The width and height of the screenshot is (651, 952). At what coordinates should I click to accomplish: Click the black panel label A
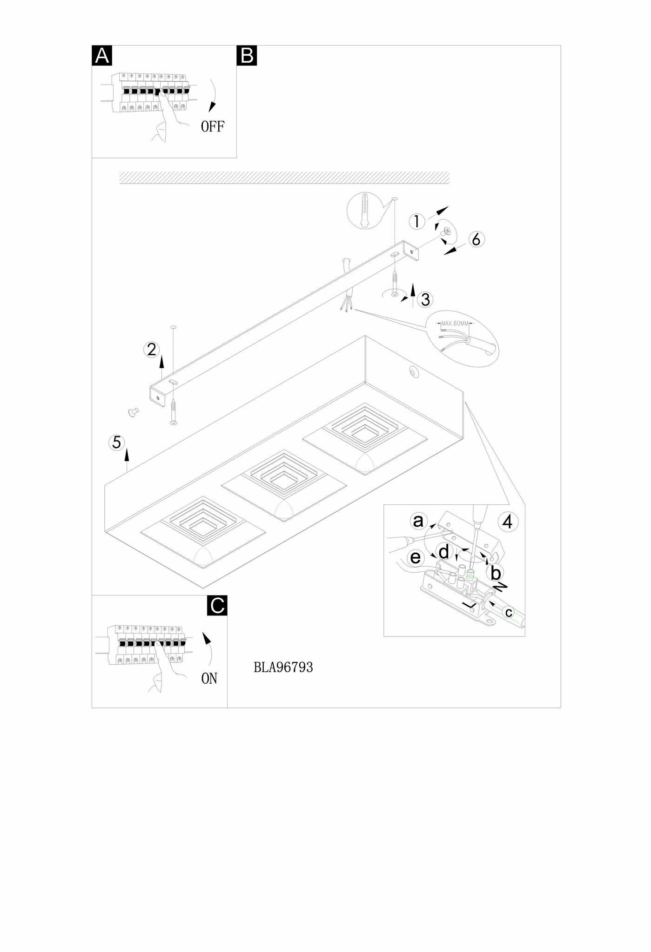pos(102,56)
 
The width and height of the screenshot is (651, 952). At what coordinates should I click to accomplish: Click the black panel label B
pos(247,56)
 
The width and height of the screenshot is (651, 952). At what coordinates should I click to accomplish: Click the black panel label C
pos(217,605)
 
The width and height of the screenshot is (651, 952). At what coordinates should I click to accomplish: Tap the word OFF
pos(213,126)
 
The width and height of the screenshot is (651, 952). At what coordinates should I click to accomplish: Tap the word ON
pos(209,679)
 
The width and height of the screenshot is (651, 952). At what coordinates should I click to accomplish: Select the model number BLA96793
pos(283,668)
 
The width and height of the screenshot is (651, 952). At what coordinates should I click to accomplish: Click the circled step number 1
pos(417,221)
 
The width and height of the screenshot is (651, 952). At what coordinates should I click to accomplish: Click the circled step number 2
pos(152,349)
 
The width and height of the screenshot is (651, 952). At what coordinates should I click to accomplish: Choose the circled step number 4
pos(508,522)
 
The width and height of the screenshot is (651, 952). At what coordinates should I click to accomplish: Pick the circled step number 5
pos(117,442)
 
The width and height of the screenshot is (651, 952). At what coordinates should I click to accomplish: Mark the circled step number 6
pos(476,239)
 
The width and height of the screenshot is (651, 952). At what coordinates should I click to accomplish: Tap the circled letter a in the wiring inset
pos(418,521)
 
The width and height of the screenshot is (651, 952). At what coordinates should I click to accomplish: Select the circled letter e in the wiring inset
pos(416,557)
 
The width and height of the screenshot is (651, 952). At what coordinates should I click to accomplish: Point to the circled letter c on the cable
pos(509,612)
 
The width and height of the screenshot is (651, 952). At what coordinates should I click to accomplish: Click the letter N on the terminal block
pos(501,587)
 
